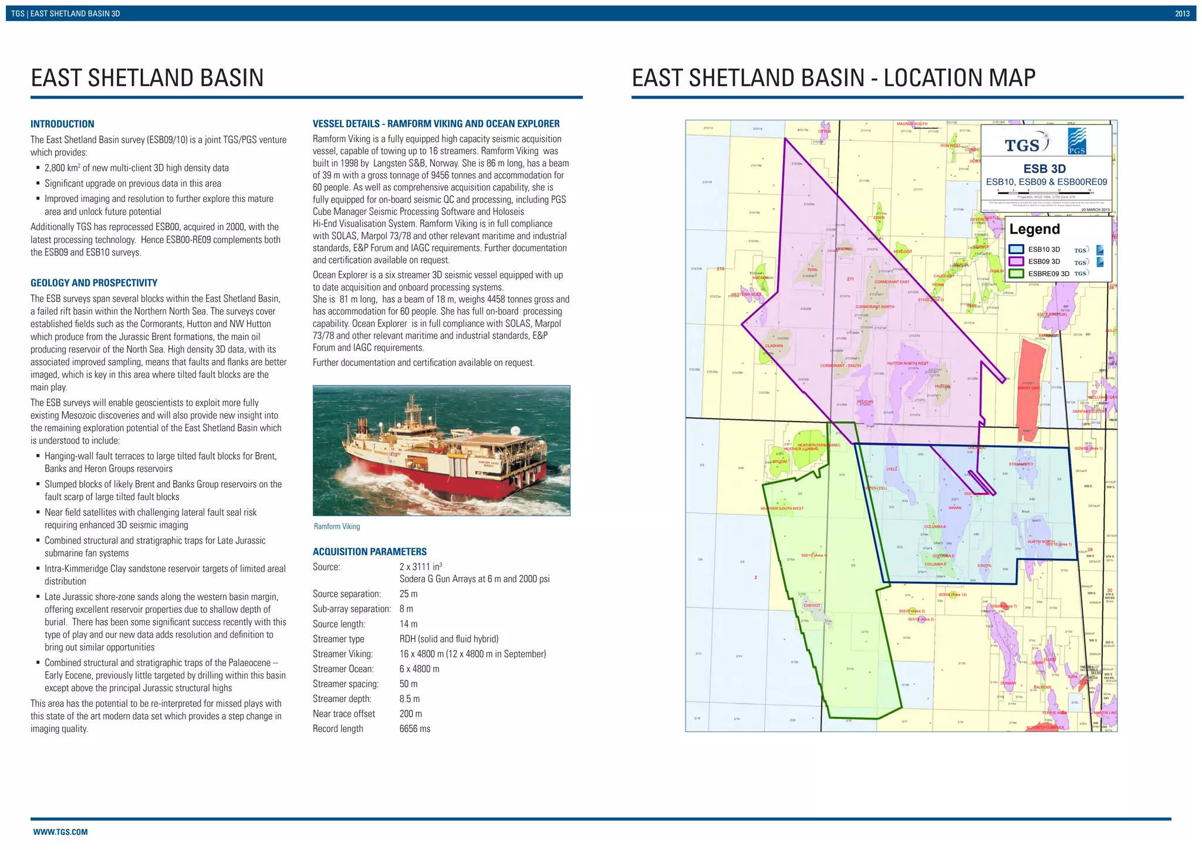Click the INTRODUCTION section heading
coord(62,124)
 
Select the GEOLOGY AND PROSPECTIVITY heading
coord(94,283)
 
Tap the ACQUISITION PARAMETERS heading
coord(370,552)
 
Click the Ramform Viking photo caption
coord(337,527)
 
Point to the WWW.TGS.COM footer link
coord(60,832)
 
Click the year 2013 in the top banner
coord(1182,14)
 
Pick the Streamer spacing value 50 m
coord(408,684)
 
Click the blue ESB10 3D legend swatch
coord(1017,249)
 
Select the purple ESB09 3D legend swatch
coord(1017,262)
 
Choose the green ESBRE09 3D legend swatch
coord(1017,274)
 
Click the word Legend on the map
coord(1035,230)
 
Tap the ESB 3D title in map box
coord(1045,169)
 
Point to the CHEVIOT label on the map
coord(812,605)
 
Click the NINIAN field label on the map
coord(955,508)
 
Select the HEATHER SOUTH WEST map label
coord(782,508)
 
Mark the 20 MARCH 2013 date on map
coord(1095,210)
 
